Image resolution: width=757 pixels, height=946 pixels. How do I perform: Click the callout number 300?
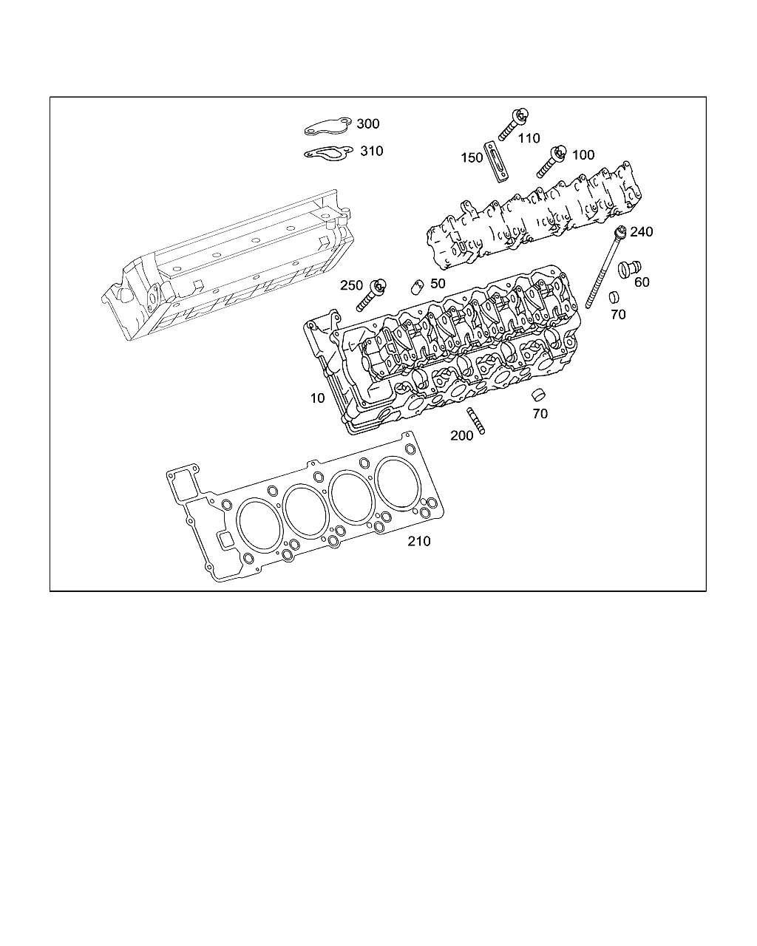click(x=367, y=123)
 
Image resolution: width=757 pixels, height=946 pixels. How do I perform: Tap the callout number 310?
click(x=371, y=151)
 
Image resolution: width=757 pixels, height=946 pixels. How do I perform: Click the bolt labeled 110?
click(x=515, y=123)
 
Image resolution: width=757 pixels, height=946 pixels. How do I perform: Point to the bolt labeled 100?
click(x=550, y=161)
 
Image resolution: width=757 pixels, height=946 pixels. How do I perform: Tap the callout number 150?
click(x=472, y=158)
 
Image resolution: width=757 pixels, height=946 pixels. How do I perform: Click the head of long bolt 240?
click(x=619, y=232)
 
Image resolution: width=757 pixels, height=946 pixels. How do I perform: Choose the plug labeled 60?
click(x=629, y=268)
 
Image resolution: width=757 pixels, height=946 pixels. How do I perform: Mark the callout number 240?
click(x=641, y=232)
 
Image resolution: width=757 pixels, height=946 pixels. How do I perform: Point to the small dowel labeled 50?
click(x=416, y=286)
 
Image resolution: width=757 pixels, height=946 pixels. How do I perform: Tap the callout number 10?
click(x=317, y=398)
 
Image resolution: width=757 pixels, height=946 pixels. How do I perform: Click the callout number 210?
click(x=419, y=542)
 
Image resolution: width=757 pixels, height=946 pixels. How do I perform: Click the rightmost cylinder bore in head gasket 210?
click(x=398, y=483)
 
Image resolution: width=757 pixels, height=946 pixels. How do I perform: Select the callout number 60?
click(x=642, y=283)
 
